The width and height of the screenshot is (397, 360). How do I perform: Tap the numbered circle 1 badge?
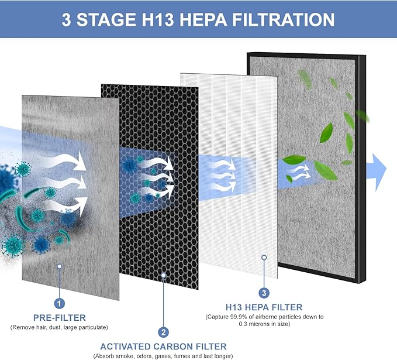59,303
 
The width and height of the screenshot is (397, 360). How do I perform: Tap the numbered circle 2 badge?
164,332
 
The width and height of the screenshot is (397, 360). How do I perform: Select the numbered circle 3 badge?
264,293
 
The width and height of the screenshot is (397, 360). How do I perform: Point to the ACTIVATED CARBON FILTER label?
164,347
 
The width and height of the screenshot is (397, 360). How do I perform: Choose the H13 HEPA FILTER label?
264,307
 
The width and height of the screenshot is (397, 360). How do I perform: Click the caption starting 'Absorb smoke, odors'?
164,356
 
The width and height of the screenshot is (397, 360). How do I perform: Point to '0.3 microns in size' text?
264,324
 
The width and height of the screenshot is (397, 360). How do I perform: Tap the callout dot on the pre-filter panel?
59,266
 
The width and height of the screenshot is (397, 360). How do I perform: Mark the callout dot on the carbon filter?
164,273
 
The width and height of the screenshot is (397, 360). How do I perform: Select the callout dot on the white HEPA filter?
264,257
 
